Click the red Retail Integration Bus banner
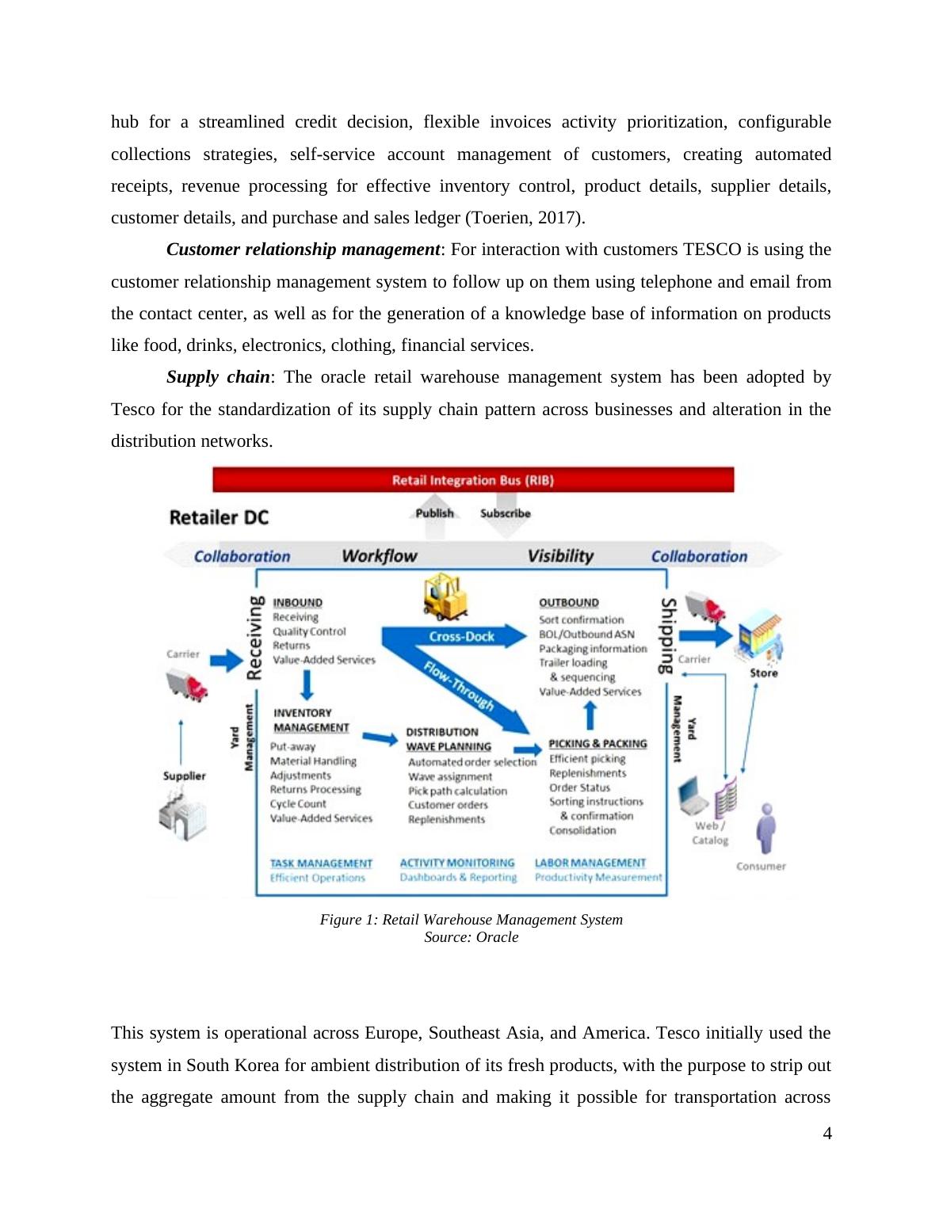tap(473, 479)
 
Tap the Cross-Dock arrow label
tap(461, 636)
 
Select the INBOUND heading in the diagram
tap(297, 603)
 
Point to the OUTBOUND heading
tap(569, 603)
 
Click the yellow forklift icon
tap(445, 597)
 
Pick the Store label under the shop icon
tap(764, 673)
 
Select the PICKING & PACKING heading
tap(597, 744)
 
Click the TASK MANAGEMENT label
tap(321, 863)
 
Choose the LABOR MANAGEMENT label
tap(590, 863)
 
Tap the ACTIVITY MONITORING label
tap(457, 863)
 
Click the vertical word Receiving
tap(254, 638)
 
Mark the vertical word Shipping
tap(668, 635)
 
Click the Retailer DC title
tap(219, 517)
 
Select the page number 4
tap(827, 1134)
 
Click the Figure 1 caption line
tap(471, 920)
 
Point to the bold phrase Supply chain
tap(218, 377)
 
